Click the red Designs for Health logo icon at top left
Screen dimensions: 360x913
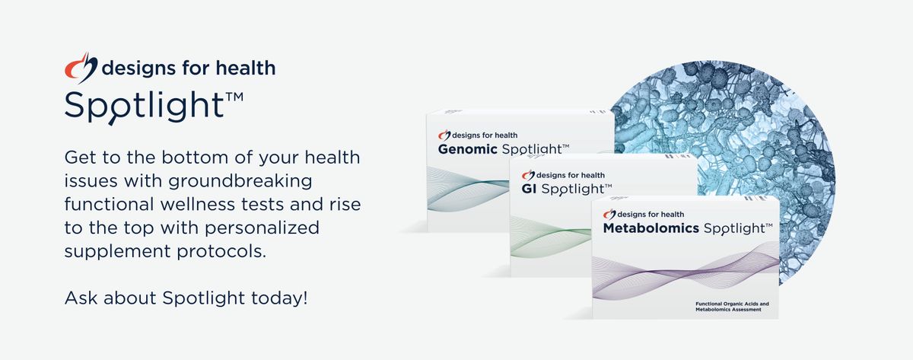tap(80, 68)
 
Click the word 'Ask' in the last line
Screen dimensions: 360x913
tap(80, 297)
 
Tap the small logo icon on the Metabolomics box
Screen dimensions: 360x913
tap(609, 214)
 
